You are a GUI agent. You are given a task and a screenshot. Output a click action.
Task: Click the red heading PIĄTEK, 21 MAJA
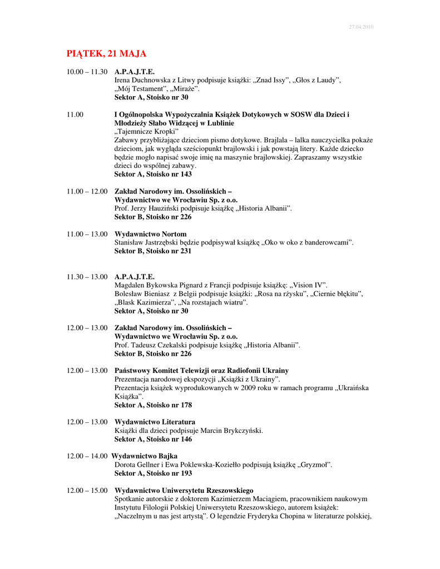coord(106,54)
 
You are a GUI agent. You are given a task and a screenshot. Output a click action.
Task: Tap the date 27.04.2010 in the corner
coord(360,27)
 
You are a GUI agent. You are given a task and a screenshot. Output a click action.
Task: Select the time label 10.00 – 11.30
coord(87,72)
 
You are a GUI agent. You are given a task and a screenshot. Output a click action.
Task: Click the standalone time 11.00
coord(75,114)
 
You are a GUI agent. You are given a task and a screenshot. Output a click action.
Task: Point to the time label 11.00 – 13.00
coord(87,234)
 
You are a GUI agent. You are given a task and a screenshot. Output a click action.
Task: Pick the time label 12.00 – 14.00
coord(87,456)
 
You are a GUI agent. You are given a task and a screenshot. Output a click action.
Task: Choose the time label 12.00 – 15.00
coord(87,491)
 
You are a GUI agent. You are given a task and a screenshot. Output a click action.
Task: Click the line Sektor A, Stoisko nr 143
coord(153,174)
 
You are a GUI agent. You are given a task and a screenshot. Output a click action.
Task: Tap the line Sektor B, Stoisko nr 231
coord(153,251)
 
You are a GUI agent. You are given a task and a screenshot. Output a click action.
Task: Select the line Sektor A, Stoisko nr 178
coord(153,405)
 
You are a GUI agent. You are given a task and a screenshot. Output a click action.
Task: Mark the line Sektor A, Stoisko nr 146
coord(153,439)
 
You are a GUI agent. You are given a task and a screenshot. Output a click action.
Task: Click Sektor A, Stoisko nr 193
coord(153,473)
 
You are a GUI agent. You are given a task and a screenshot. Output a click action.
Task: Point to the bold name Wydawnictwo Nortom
coord(150,234)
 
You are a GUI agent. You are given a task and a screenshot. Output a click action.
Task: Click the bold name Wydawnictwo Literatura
coord(155,422)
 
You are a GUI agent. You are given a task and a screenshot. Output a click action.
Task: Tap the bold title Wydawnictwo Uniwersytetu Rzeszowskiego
coord(184,491)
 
